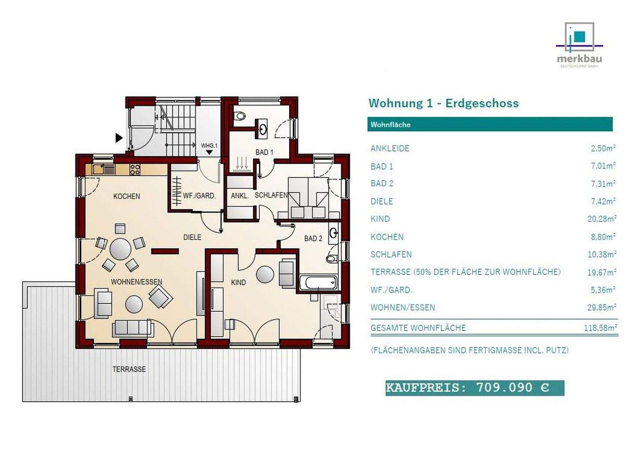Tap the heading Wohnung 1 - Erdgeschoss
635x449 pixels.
point(443,103)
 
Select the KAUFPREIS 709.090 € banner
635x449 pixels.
point(474,388)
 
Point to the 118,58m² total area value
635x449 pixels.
point(599,328)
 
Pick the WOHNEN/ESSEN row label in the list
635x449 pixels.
point(402,307)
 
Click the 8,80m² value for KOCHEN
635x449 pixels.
point(603,237)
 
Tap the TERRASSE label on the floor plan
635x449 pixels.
point(129,369)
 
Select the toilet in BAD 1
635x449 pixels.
point(240,116)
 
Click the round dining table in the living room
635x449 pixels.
point(120,249)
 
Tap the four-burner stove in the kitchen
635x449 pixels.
point(135,169)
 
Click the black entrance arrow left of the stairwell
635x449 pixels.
point(119,138)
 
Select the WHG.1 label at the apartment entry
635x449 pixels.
point(209,146)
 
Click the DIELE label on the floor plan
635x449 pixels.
point(192,237)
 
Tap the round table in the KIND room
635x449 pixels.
point(265,274)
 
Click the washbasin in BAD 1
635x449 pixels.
point(263,129)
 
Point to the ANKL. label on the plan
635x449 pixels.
point(239,195)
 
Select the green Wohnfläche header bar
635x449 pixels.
point(489,124)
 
